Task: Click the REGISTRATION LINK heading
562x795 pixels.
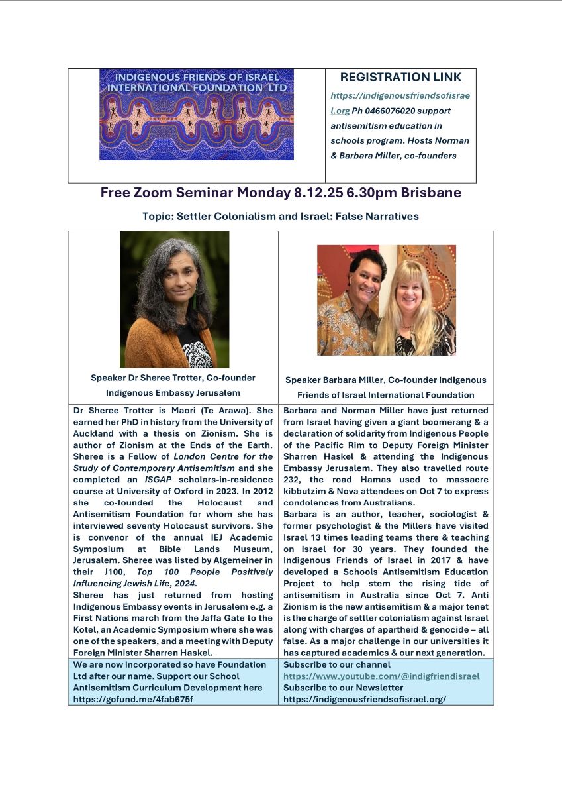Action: (400, 78)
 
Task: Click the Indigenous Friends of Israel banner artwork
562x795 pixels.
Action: (196, 114)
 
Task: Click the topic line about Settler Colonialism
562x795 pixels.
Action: (281, 216)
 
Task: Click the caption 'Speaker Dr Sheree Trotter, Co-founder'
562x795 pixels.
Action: (173, 378)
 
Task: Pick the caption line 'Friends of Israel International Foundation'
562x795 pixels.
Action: (385, 395)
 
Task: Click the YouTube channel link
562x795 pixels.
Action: (381, 676)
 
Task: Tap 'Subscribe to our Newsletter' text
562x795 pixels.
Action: (343, 688)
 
